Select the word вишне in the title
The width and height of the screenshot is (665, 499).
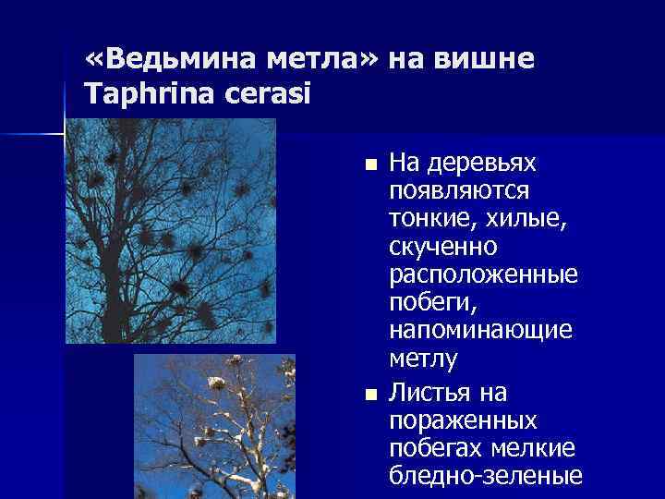click(x=480, y=59)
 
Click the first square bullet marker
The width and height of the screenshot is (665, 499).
click(x=369, y=167)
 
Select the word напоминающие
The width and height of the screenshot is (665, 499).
click(x=480, y=330)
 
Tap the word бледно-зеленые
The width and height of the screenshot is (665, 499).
click(x=486, y=476)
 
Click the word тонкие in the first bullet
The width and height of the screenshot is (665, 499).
click(x=428, y=218)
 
